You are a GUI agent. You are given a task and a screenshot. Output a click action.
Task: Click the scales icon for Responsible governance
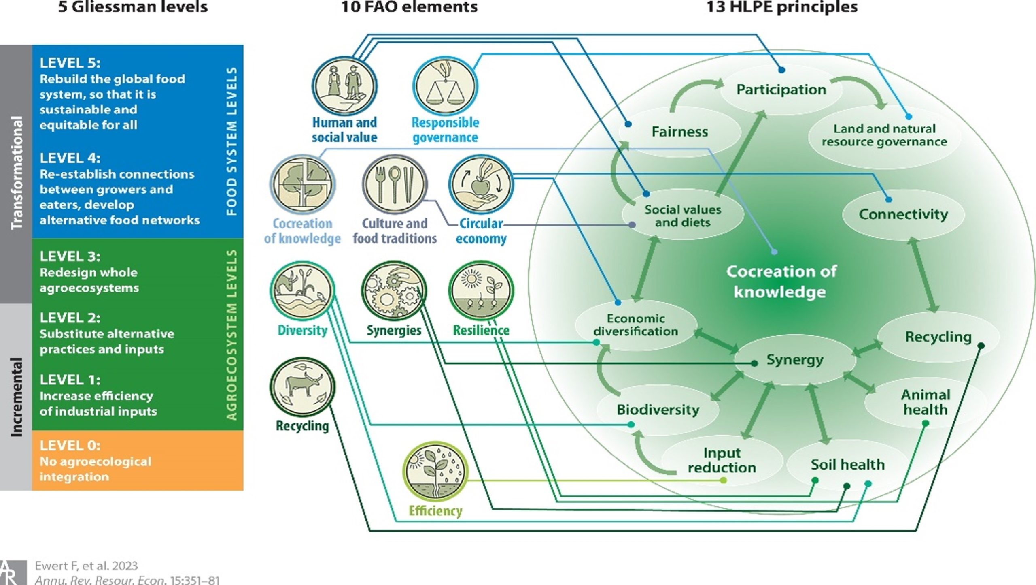(445, 86)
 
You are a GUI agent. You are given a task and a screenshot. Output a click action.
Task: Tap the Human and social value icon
(344, 86)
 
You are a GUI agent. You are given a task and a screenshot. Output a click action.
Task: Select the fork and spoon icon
(395, 185)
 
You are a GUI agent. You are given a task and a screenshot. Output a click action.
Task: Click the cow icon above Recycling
(302, 387)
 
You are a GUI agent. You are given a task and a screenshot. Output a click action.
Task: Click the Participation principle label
(781, 90)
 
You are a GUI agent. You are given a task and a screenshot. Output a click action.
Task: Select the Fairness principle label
(680, 132)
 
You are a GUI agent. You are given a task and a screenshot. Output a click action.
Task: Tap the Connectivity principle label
(903, 214)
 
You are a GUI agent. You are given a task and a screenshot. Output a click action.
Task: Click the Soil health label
(847, 464)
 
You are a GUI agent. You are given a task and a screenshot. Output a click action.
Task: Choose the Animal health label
(926, 402)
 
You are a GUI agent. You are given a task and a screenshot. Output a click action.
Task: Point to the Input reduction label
(722, 460)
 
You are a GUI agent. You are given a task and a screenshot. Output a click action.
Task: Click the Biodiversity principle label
(658, 410)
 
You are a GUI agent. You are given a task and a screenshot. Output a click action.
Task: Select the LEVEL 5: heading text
(70, 63)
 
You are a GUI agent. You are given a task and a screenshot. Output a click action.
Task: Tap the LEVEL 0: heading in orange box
(70, 446)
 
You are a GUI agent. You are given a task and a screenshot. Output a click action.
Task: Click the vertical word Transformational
(16, 173)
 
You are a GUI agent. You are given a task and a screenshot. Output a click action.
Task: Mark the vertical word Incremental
(16, 397)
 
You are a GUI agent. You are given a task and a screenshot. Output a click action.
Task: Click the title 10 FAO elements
(410, 7)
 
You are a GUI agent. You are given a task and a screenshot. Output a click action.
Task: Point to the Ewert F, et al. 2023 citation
(86, 566)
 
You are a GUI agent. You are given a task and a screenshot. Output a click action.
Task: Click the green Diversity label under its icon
(302, 330)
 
